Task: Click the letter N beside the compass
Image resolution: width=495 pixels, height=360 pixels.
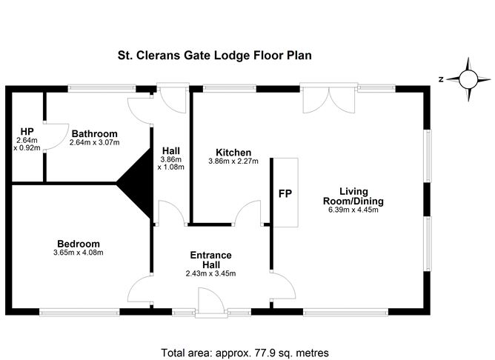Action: point(440,79)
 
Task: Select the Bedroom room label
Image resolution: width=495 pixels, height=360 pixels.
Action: point(78,244)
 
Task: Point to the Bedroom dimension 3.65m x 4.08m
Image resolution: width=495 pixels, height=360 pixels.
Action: point(78,253)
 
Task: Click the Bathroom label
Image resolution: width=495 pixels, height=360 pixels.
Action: point(94,133)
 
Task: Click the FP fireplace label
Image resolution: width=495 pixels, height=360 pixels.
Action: point(285,194)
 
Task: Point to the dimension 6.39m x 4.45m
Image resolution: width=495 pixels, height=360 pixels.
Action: point(352,210)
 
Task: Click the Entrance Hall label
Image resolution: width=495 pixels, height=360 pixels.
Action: point(210,260)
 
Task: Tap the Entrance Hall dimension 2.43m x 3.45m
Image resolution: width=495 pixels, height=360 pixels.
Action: point(210,274)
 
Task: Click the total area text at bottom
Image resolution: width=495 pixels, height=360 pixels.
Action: point(245,353)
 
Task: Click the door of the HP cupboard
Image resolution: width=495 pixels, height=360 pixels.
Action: point(50,135)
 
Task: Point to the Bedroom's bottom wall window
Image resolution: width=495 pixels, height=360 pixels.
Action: point(79,313)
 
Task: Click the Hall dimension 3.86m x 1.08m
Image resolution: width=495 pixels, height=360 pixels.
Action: point(171,162)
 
